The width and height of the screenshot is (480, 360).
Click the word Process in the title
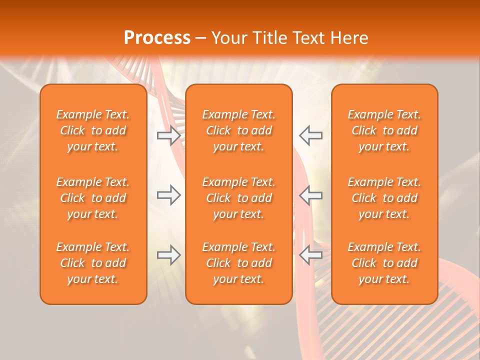click(157, 38)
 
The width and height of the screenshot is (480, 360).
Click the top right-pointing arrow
click(168, 135)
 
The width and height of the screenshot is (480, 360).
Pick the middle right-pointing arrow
click(168, 195)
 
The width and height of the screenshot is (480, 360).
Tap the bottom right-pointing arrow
click(168, 255)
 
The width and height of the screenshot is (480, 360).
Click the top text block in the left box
click(93, 130)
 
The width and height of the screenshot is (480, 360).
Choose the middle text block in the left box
click(93, 198)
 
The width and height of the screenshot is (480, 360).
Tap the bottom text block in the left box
click(93, 263)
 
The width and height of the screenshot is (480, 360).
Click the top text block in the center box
click(238, 130)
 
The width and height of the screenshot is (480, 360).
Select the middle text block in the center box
click(238, 198)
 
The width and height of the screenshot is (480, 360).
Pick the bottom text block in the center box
click(238, 263)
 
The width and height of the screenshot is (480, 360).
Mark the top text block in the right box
click(384, 130)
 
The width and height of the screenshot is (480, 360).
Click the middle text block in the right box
click(384, 198)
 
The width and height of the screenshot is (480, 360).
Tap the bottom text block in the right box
click(384, 263)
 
